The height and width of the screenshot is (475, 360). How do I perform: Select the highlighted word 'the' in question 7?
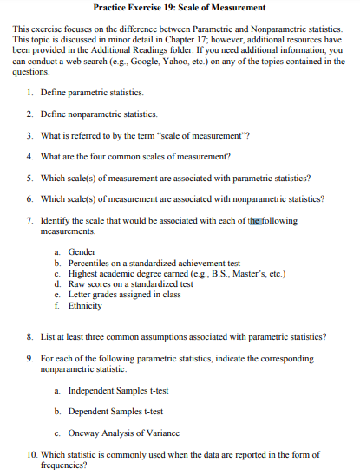[x=254, y=221]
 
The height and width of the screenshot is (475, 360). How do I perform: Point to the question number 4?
[x=30, y=156]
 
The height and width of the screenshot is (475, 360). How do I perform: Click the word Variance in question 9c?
[x=160, y=433]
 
